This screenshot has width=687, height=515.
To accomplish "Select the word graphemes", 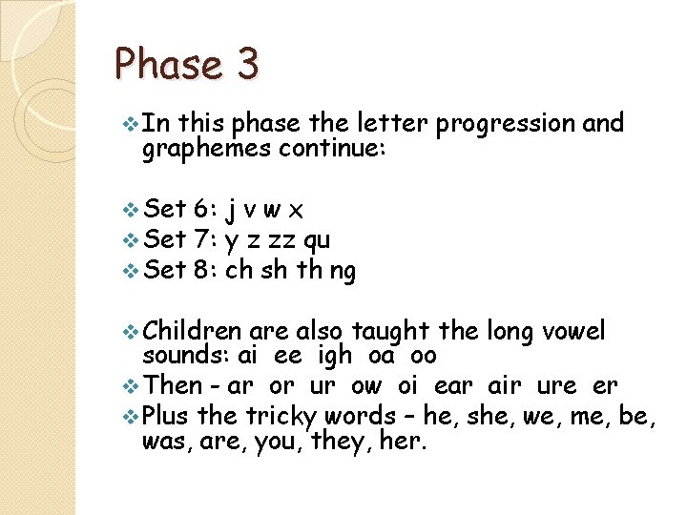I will click(x=206, y=149).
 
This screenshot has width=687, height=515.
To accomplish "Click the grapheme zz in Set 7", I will click(x=284, y=240).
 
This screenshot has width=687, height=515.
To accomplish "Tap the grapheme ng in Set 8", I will click(x=343, y=273).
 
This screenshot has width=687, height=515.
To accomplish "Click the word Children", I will click(x=193, y=331).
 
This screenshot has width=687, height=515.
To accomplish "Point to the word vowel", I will click(x=572, y=331).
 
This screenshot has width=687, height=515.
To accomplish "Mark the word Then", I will click(x=172, y=386).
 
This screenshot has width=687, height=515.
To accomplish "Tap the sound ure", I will click(x=557, y=387).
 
